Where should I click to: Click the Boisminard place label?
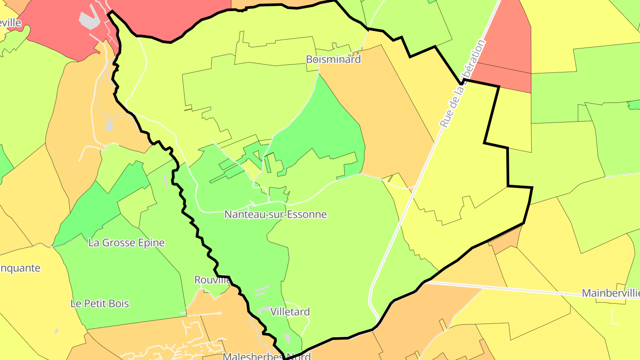tap(333, 59)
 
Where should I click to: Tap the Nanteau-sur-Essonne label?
tap(276, 214)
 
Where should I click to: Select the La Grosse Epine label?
tap(127, 243)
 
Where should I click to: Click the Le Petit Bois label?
tap(100, 304)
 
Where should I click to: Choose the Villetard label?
tap(290, 312)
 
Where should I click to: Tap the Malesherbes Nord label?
tap(266, 356)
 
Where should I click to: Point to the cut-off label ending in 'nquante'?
tap(20, 268)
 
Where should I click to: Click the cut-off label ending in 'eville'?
tap(11, 23)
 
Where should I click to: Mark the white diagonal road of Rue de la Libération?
tap(400, 218)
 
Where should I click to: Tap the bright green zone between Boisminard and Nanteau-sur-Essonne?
tap(324, 124)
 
